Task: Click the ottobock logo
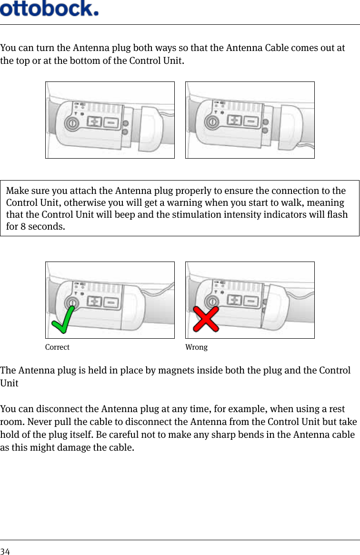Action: pyautogui.click(x=50, y=9)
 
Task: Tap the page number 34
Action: pyautogui.click(x=5, y=551)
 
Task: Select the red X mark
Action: pyautogui.click(x=206, y=319)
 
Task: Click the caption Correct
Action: pyautogui.click(x=57, y=347)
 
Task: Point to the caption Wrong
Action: pyautogui.click(x=196, y=347)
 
